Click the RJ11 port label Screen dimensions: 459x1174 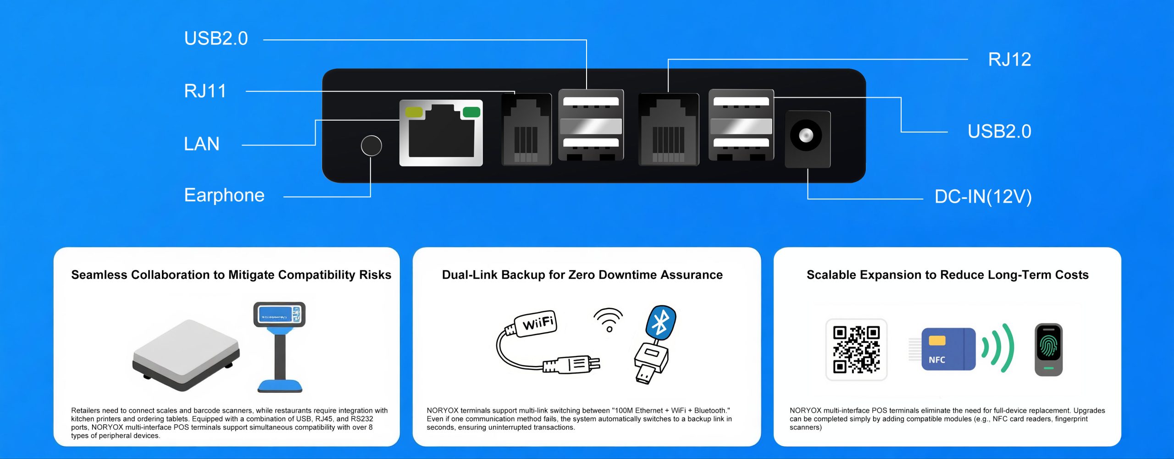205,91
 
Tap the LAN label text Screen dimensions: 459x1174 201,144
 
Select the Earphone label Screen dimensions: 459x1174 224,195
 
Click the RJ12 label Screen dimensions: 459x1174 1009,60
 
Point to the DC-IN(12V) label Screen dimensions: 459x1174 983,197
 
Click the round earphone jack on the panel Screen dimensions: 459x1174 371,146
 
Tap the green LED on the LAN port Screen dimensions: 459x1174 471,112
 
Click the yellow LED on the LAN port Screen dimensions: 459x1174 414,112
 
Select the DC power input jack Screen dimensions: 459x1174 806,136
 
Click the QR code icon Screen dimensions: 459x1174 856,350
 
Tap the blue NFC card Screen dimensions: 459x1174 948,349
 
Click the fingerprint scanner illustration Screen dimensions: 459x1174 1048,349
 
